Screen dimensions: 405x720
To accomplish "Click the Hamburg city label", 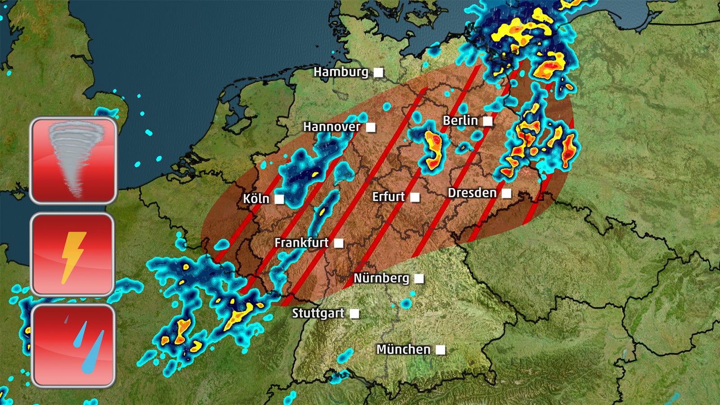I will pos(341,72).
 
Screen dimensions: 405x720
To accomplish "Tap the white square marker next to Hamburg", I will pos(378,72).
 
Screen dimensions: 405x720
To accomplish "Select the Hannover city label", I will pos(332,127).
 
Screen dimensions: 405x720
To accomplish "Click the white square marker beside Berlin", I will pos(488,121).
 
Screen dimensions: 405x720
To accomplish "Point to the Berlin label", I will pos(460,121).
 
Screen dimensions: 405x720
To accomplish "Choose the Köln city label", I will pos(256,199).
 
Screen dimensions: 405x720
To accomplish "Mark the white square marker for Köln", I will pos(279,199).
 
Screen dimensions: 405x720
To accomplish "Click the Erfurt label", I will pos(389,197).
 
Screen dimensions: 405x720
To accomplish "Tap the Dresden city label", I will pos(472,193).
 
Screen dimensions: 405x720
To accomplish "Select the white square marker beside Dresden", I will pos(507,193).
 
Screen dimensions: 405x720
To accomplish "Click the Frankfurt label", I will pos(301,243).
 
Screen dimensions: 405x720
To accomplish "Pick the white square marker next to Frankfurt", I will pos(339,243).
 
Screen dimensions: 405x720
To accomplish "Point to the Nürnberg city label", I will pos(381,278).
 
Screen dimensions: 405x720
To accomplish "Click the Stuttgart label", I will pos(318,313).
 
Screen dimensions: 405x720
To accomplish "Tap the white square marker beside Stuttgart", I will pos(355,314).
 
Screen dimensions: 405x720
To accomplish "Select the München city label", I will pos(403,350).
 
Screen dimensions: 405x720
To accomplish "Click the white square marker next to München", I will pos(441,350).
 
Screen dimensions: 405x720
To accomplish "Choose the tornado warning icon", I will pos(73,160).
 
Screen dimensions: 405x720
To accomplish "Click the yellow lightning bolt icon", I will pos(72,255).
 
